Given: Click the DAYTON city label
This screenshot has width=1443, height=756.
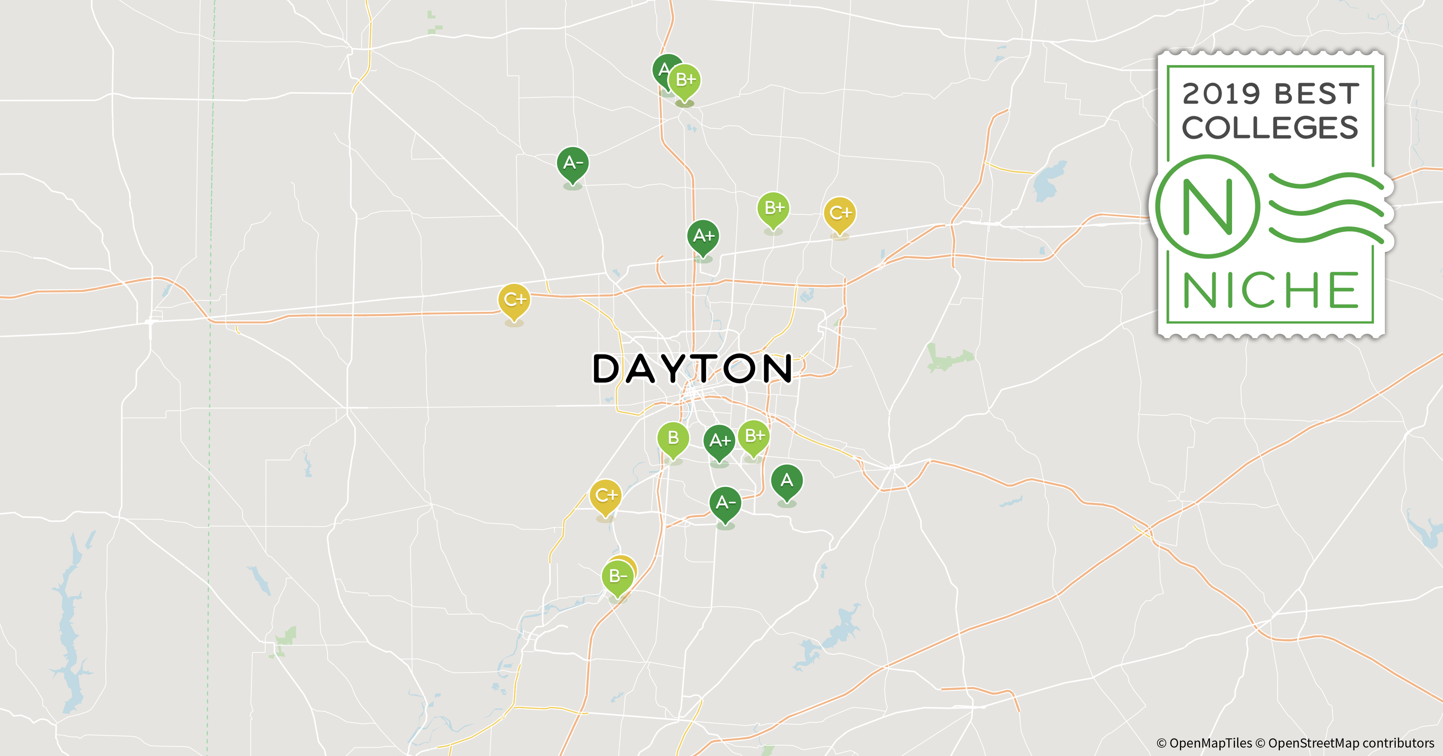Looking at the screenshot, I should point(692,369).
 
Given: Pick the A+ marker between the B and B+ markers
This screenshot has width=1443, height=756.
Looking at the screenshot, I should point(719,441).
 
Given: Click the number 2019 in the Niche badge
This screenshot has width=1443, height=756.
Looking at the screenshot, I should point(1221,94).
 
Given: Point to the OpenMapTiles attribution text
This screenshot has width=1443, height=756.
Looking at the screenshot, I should point(1204,743).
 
